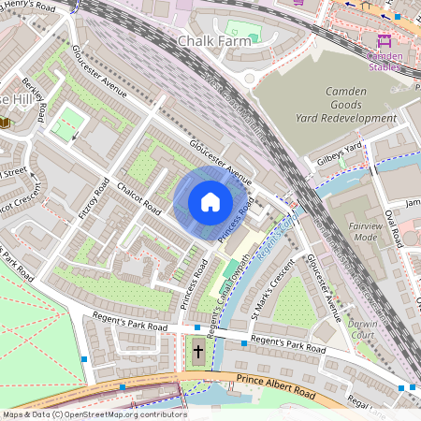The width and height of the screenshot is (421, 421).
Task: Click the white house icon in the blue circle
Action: click(x=210, y=202)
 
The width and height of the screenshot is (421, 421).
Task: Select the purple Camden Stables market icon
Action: click(x=384, y=42)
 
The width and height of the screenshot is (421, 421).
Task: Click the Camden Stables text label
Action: click(x=384, y=61)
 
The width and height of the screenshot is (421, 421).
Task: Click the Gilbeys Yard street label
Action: click(x=339, y=154)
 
